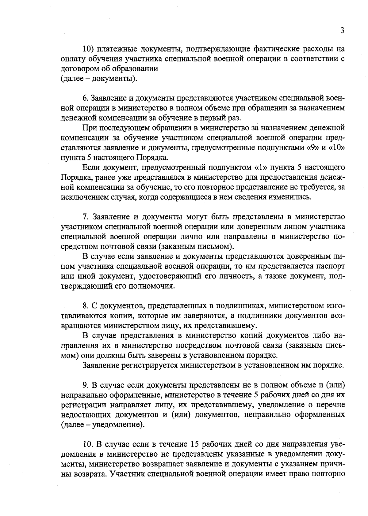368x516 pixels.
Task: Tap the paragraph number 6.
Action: point(85,98)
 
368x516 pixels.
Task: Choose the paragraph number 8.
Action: point(85,306)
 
